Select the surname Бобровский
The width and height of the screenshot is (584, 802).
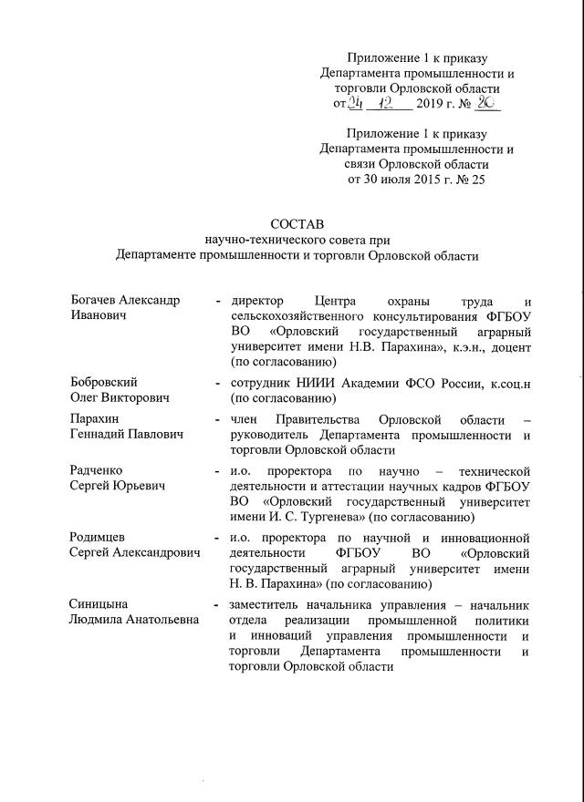coord(104,382)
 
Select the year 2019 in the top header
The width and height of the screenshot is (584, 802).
coord(430,106)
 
